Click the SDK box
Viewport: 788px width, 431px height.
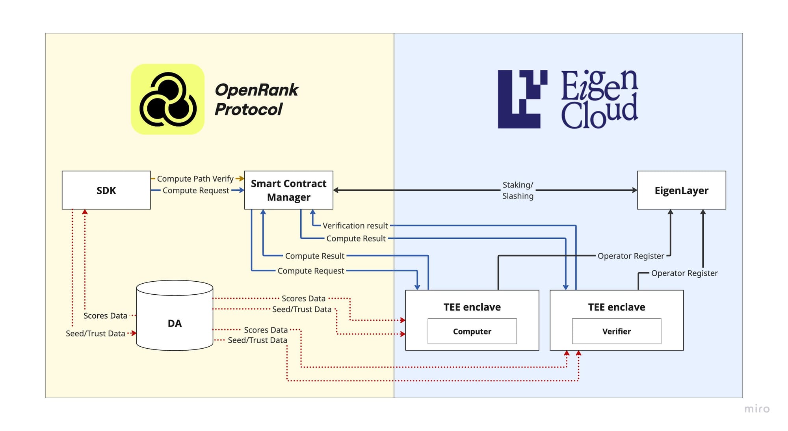106,190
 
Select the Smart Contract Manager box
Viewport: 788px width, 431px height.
288,190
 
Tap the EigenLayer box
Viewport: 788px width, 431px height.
681,190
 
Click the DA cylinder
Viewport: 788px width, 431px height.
175,319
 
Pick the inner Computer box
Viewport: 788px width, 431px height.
472,331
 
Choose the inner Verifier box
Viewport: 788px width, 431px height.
616,331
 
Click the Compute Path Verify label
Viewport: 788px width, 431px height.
195,179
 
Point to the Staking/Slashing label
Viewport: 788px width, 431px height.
518,190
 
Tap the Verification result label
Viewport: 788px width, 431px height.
355,226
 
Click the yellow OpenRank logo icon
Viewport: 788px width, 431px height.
168,99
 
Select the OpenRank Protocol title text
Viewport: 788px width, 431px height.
256,99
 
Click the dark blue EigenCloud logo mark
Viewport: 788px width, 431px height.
522,99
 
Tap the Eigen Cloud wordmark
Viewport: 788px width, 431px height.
599,99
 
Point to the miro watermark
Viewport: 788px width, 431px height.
756,409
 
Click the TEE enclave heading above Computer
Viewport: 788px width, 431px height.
472,307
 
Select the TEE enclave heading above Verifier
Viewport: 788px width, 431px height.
616,307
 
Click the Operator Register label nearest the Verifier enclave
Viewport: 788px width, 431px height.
684,273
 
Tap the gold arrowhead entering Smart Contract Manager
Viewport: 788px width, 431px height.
241,179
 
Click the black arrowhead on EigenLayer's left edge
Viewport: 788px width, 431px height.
634,190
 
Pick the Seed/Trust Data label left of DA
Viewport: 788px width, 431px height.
95,334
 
